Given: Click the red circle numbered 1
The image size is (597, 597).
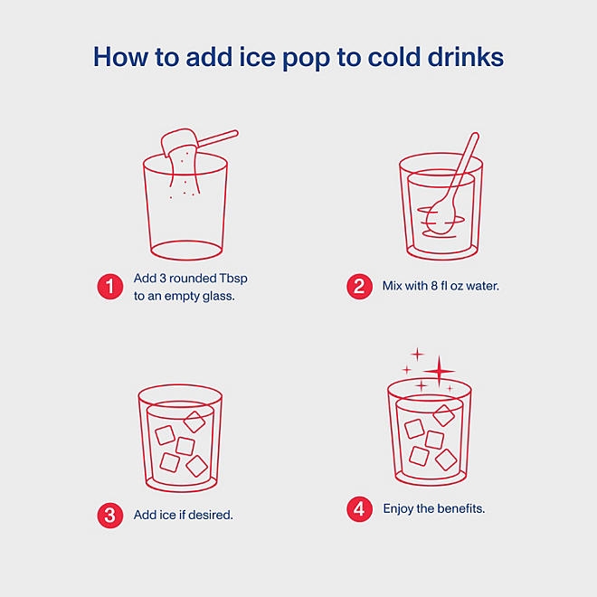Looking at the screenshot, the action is point(110,287).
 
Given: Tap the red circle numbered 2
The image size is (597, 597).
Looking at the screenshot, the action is point(359,287).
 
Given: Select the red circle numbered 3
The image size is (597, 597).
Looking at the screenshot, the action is point(110,516).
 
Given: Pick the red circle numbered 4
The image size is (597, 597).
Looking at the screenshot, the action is point(359,509).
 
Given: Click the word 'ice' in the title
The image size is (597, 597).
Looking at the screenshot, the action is point(257,57).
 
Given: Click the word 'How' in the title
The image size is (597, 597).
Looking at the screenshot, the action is point(120,57).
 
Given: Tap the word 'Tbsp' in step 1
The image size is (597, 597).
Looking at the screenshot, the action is point(233,279).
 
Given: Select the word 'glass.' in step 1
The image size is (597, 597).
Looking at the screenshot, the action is point(218,296).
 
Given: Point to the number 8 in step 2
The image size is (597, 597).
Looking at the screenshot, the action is point(434,286).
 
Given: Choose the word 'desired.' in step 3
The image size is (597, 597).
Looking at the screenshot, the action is point(210,515).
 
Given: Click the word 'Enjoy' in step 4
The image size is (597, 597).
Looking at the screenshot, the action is point(398,509).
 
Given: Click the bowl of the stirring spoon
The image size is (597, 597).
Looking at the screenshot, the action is point(441,218).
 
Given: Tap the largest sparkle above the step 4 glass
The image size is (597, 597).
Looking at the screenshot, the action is point(440,371).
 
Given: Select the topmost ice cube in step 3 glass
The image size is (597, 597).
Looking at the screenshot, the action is point(194,422).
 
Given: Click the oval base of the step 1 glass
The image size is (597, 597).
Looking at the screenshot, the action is point(186,251).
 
